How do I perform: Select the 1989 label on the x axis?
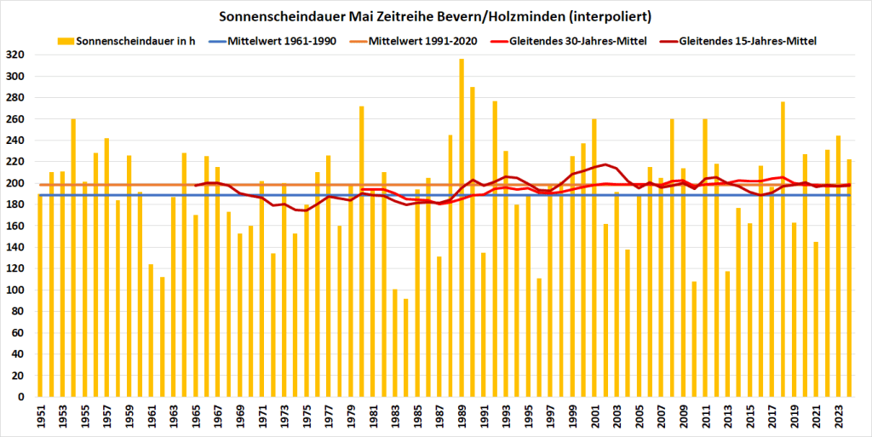pos(462,417)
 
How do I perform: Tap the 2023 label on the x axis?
pos(838,417)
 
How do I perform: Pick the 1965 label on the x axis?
pos(196,417)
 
